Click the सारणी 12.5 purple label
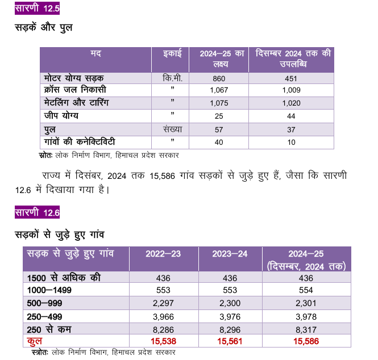37,8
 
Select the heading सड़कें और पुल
44,27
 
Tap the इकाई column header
172,53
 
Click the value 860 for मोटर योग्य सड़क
219,78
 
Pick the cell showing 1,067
219,90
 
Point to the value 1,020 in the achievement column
291,103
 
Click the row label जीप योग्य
61,116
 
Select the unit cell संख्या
173,129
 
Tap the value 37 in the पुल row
291,130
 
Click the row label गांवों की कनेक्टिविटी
80,141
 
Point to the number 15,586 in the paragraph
162,176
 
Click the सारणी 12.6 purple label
37,212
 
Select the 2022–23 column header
163,254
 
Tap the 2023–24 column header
230,254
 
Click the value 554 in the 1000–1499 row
306,290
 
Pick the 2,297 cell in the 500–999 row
163,303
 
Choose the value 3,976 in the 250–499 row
230,317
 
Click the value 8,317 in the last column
306,330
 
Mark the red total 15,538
164,341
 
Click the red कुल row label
35,341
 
